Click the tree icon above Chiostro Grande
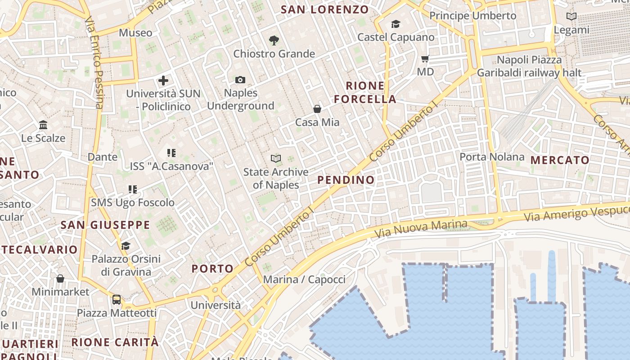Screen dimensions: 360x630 274,40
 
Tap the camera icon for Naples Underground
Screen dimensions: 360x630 240,80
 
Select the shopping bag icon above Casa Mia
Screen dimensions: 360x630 317,109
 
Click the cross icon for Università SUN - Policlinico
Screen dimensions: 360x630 163,81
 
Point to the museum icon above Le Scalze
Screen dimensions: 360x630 43,125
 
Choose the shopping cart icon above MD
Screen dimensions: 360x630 425,58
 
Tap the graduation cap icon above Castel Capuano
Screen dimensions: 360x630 396,24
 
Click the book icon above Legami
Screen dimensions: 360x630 571,17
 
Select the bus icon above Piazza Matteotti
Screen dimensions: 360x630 117,299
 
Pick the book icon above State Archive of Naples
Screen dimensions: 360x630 275,158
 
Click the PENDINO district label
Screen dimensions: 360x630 346,180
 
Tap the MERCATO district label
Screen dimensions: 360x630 560,160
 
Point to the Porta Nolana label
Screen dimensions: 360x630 492,157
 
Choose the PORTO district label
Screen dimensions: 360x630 213,269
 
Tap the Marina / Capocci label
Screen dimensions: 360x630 304,279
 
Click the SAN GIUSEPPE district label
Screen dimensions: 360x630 105,225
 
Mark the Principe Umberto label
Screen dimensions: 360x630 472,16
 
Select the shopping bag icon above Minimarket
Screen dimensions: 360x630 60,279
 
